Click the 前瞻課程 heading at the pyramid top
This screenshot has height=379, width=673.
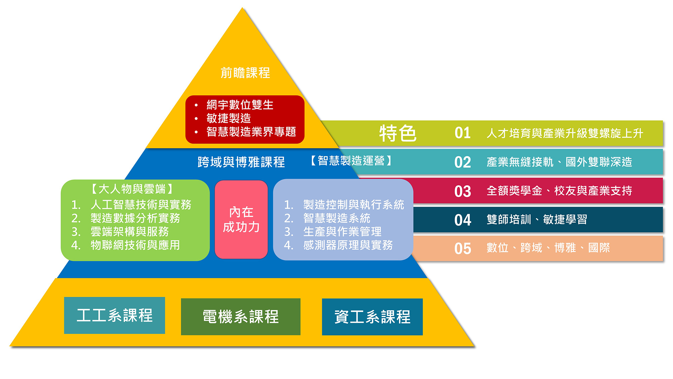tap(245, 73)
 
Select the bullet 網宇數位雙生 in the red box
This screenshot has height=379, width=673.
tap(240, 105)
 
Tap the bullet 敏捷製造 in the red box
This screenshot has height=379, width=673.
tap(229, 118)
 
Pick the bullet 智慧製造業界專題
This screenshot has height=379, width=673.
tap(251, 132)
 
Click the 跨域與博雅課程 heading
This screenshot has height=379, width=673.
tap(241, 162)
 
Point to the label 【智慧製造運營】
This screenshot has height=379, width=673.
tap(351, 161)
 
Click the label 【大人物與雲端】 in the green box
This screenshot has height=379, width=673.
tap(132, 189)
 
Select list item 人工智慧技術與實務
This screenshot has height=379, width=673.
tap(141, 205)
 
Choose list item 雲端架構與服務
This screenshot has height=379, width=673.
tap(130, 232)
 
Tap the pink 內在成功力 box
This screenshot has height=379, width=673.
tap(241, 220)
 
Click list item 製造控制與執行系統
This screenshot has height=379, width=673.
tap(353, 205)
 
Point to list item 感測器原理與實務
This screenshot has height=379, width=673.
tap(348, 245)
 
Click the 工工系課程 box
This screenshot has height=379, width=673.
tap(115, 315)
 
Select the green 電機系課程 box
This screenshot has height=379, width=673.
tap(240, 317)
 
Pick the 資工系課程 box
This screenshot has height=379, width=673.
tap(372, 317)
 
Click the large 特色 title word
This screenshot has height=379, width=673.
tap(397, 133)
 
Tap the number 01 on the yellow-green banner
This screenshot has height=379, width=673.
tap(462, 133)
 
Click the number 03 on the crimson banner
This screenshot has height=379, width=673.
tap(462, 191)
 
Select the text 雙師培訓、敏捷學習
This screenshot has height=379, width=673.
tap(537, 220)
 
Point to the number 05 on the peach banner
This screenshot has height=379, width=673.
tap(462, 249)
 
